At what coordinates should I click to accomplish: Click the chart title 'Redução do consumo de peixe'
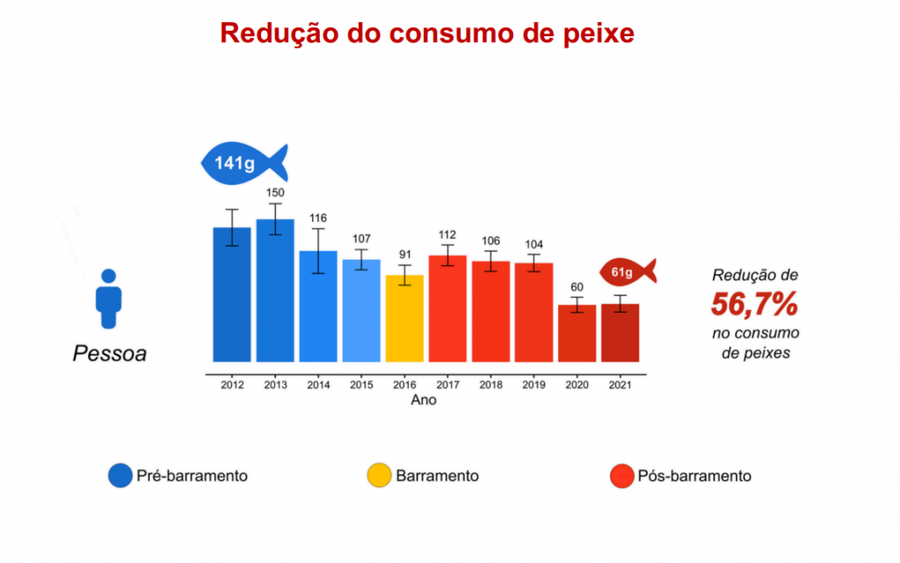click(426, 33)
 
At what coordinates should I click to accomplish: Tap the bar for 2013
click(275, 290)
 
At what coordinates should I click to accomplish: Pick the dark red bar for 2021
click(620, 333)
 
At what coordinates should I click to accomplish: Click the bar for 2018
click(490, 311)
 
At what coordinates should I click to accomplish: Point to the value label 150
click(275, 192)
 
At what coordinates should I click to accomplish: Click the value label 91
click(404, 256)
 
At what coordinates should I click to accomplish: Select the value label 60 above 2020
click(577, 287)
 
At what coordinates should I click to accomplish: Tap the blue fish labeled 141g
click(243, 162)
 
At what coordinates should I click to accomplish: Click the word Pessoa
click(109, 355)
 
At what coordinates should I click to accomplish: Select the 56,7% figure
click(754, 305)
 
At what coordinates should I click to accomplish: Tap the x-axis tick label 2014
click(318, 384)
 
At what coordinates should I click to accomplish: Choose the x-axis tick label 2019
click(533, 384)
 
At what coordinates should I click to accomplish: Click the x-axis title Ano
click(424, 400)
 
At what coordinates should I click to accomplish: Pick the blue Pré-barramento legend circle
click(120, 475)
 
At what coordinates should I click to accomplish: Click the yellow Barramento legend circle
click(378, 475)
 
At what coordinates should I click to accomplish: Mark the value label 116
click(318, 217)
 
